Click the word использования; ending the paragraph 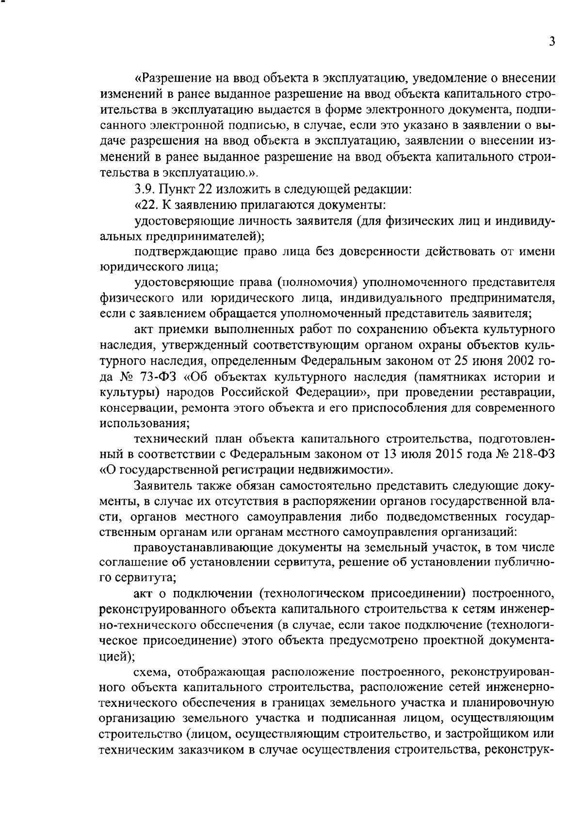pyautogui.click(x=145, y=423)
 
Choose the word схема pyautogui.click(x=152, y=672)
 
